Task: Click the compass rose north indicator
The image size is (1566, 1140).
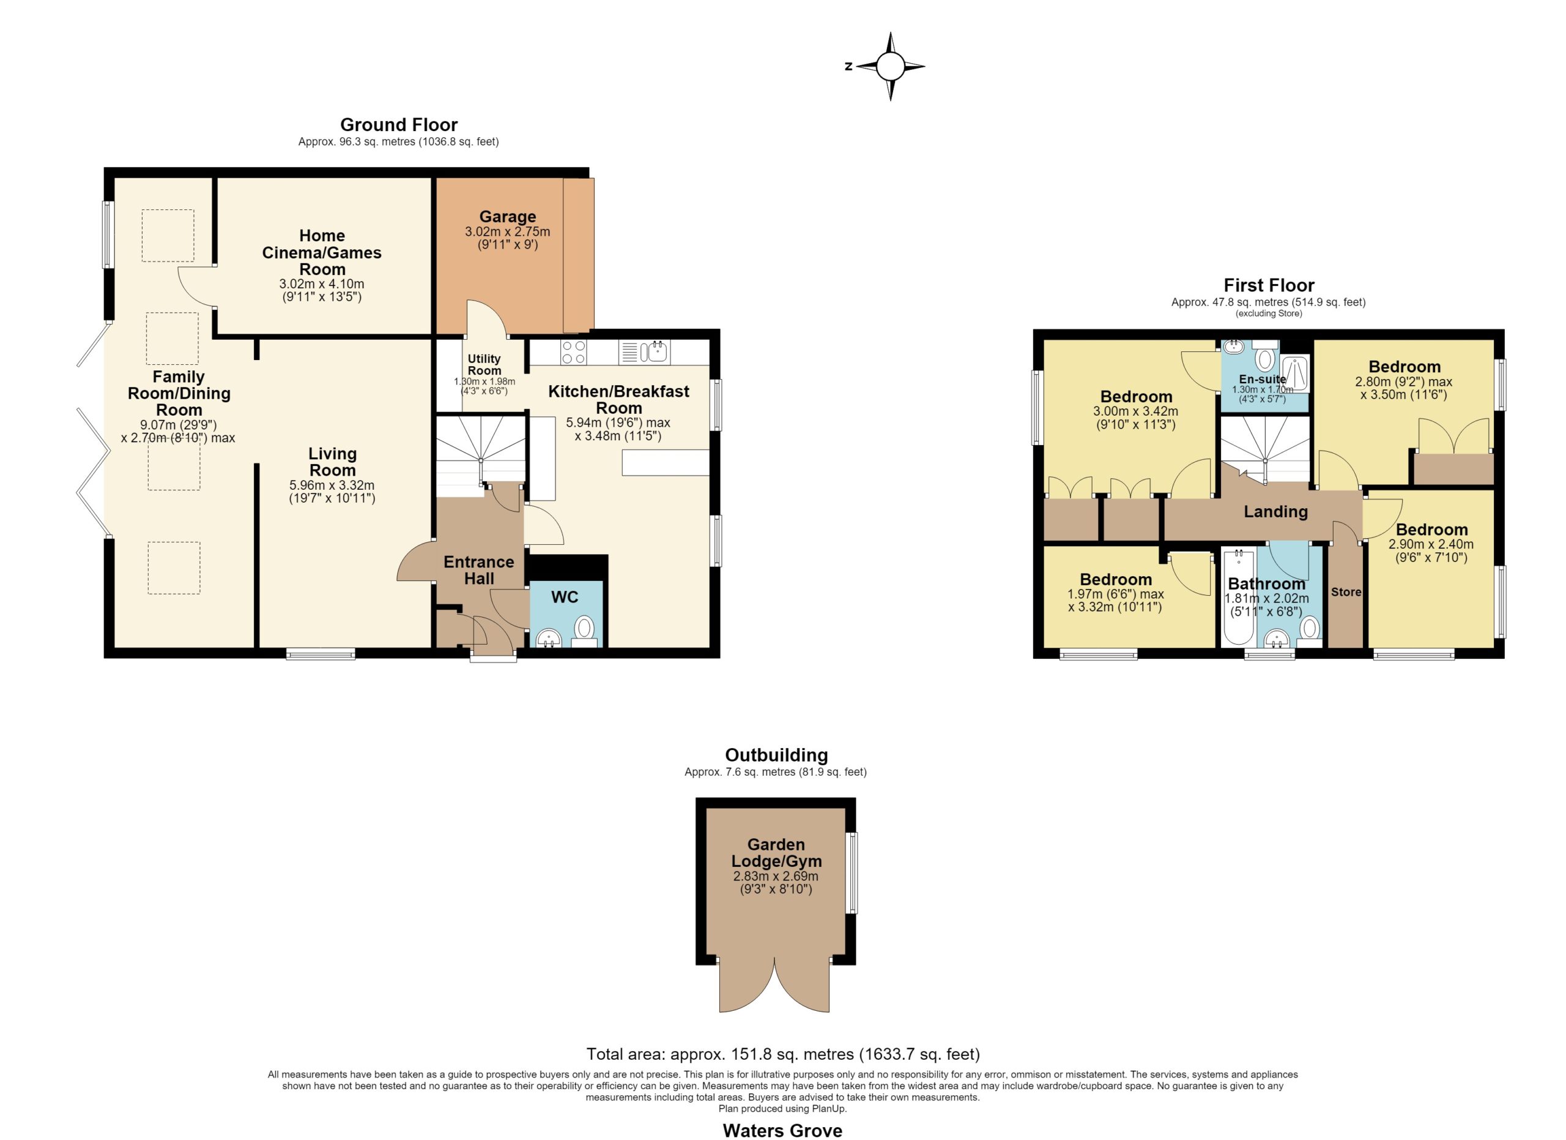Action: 848,66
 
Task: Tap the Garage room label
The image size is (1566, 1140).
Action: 508,217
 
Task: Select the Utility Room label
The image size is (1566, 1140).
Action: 484,364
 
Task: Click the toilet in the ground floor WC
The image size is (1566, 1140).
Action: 585,631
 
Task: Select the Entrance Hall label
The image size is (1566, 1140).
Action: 478,570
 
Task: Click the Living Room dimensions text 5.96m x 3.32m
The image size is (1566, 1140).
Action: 332,485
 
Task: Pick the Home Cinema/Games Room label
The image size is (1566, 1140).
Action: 322,252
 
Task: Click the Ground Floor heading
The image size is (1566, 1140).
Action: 399,125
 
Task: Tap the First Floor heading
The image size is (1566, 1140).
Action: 1269,285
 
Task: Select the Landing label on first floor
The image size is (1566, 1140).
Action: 1276,511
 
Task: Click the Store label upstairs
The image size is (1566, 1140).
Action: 1346,592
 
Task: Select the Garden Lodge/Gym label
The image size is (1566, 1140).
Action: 776,853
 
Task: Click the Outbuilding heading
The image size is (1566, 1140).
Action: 776,755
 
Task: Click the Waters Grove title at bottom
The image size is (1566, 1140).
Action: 782,1130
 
